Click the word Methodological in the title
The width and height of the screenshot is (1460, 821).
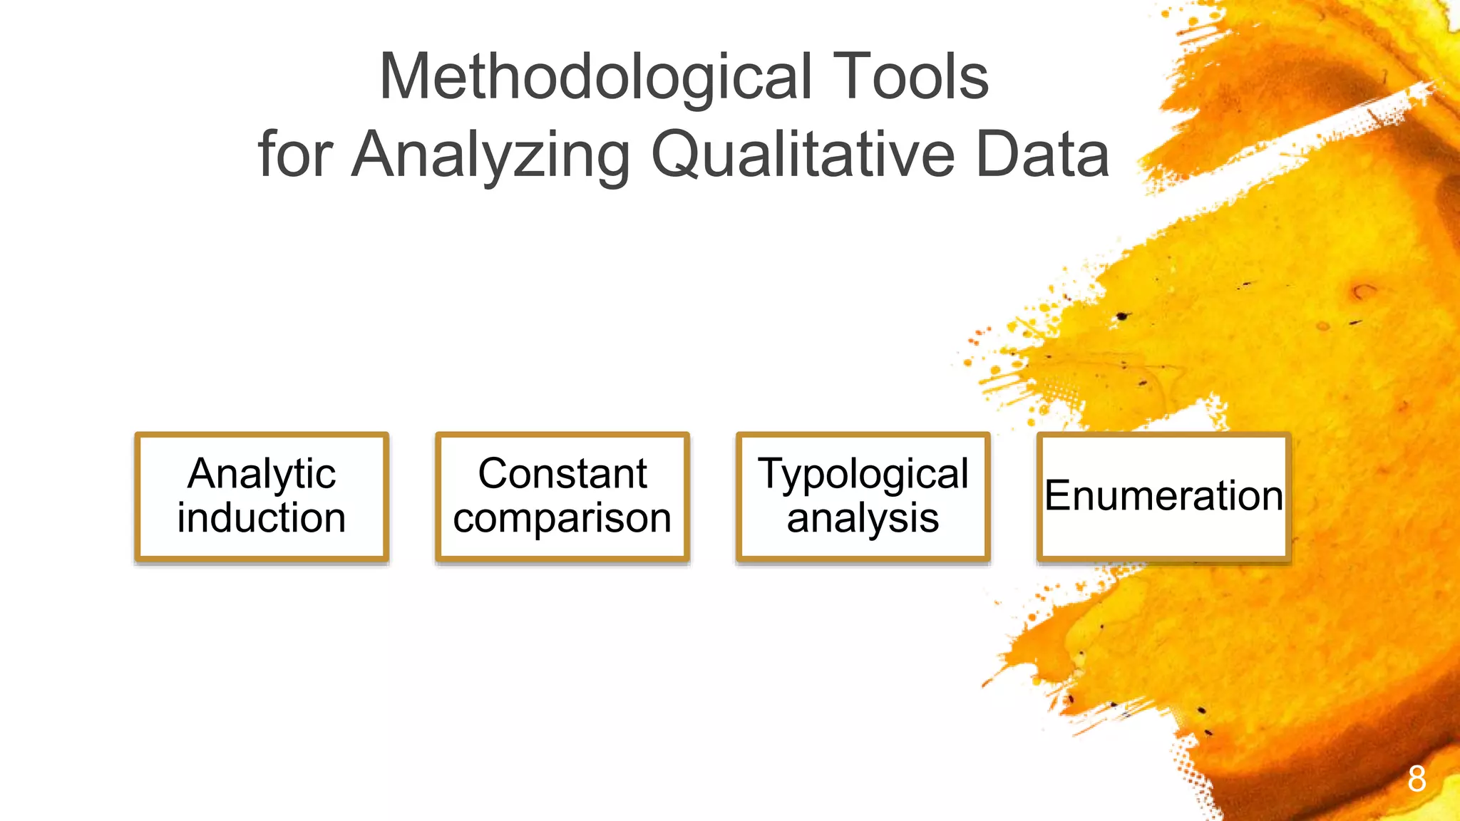click(x=595, y=78)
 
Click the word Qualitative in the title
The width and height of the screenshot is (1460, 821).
click(x=803, y=155)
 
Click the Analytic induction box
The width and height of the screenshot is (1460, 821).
click(x=262, y=497)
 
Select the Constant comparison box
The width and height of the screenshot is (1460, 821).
click(x=562, y=497)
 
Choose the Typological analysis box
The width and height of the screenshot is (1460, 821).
click(x=863, y=497)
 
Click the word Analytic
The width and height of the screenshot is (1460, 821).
click(x=262, y=475)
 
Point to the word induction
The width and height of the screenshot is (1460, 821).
click(x=262, y=518)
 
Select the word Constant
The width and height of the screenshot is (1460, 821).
click(x=562, y=474)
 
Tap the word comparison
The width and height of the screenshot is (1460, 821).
click(x=562, y=519)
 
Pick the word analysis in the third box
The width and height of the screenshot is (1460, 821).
click(x=863, y=519)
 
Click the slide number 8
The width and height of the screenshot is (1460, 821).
click(x=1417, y=779)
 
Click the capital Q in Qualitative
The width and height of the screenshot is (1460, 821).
click(x=678, y=155)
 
